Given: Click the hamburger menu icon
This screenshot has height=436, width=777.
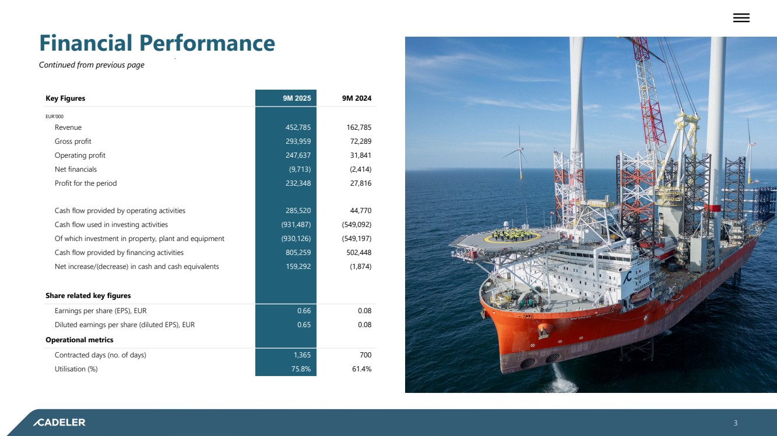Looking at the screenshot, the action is [741, 17].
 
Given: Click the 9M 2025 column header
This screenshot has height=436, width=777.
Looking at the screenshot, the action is [297, 98].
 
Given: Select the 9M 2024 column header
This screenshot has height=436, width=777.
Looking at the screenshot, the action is [357, 98].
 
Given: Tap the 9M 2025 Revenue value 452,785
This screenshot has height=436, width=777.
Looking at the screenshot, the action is [298, 127].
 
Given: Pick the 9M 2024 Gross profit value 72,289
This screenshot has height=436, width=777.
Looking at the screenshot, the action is [360, 141].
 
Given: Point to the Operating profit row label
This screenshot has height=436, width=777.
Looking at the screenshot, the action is [80, 155].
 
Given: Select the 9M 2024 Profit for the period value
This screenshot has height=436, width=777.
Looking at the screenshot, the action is [360, 183].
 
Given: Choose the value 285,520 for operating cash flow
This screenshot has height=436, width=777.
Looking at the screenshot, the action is [298, 211].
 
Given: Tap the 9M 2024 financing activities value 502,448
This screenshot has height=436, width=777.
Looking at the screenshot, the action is [358, 253].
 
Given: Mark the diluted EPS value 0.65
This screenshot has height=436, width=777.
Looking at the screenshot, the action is [304, 325].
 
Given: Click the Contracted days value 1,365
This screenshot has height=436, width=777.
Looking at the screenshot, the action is [302, 355].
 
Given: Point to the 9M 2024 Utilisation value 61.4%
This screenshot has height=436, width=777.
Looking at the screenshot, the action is [361, 369].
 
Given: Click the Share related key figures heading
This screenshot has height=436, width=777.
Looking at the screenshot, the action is [88, 296].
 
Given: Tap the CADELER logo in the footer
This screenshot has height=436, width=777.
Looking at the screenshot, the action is [59, 423].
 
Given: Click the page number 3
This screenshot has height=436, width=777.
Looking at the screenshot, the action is [736, 423].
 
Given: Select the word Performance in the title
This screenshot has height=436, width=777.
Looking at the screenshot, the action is [207, 43].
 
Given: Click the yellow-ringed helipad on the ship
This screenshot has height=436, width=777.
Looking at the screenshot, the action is [512, 238].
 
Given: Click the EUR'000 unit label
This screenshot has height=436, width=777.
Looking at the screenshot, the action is [54, 116].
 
